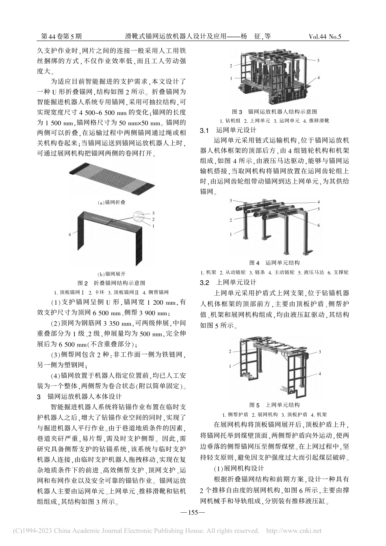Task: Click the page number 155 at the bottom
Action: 193,512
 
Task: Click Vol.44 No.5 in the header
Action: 325,37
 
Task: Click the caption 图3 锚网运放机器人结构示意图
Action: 274,111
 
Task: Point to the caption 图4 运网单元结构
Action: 274,263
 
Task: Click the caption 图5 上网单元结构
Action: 274,405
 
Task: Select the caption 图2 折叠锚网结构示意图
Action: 111,283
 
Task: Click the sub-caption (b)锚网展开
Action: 111,274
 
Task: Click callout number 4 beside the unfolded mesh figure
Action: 70,234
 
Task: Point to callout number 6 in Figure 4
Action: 319,225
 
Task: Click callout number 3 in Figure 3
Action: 318,60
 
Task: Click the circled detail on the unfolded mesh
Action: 139,217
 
